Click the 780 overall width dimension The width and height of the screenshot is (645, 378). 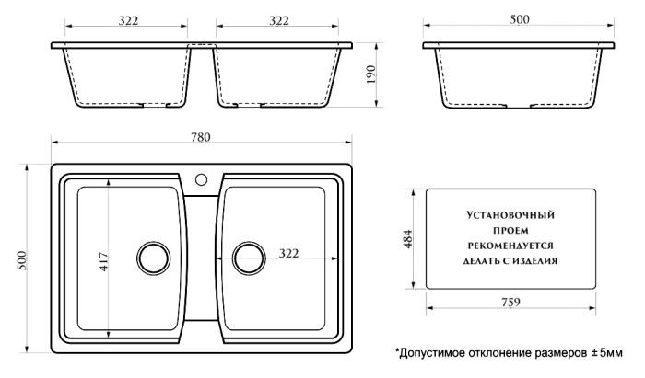(x=201, y=137)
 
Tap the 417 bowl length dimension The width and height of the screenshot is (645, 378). (x=102, y=263)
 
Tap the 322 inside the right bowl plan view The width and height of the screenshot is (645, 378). (x=288, y=253)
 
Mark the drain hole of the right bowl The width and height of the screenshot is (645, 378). (x=247, y=258)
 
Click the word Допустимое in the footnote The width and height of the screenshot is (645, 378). (x=434, y=352)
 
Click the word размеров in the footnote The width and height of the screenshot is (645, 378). (x=558, y=352)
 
